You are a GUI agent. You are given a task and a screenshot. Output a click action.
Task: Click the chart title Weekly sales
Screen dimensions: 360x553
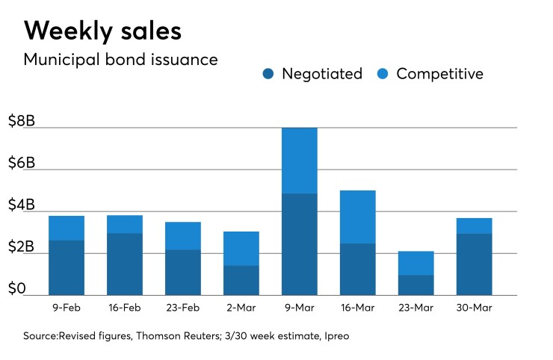click(102, 31)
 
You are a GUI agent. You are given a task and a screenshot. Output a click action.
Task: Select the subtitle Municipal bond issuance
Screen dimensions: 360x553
click(120, 60)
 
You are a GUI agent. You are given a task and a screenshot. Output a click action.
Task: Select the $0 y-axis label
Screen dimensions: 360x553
click(16, 289)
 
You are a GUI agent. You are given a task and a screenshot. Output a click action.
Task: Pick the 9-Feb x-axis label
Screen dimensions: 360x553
click(67, 308)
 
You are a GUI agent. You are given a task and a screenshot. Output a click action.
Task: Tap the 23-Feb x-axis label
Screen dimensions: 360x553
click(183, 308)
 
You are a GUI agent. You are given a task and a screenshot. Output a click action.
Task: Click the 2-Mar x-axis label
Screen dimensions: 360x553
click(241, 308)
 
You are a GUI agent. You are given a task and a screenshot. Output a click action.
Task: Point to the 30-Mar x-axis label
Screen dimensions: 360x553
click(474, 308)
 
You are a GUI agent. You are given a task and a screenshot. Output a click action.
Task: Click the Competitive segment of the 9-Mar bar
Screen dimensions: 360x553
click(300, 161)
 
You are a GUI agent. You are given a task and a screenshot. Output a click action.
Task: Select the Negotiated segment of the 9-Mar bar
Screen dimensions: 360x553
click(300, 244)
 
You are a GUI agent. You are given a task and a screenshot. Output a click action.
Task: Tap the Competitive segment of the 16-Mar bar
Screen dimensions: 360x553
click(358, 217)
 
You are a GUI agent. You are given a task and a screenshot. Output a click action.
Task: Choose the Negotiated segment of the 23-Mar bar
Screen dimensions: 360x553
click(415, 285)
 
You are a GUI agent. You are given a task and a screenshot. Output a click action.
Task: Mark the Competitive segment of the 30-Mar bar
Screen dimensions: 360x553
click(474, 226)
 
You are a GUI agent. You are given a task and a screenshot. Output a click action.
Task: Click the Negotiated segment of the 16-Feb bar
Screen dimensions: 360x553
click(125, 264)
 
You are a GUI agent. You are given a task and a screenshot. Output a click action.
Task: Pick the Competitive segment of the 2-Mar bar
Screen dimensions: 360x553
click(241, 248)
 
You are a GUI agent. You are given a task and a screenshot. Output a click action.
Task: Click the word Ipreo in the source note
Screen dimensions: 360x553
click(335, 336)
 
